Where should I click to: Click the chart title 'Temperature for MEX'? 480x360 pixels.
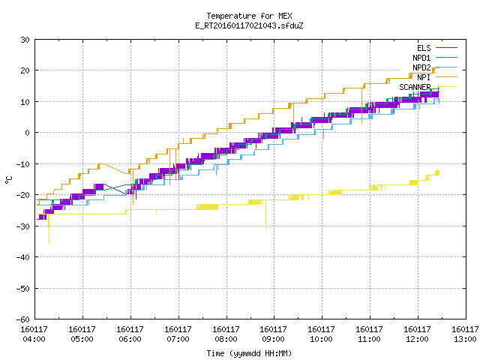coord(249,16)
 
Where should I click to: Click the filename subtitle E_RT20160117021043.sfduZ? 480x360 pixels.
coord(249,25)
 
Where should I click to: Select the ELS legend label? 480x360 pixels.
coord(424,48)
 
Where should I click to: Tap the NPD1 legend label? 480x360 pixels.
coord(421,58)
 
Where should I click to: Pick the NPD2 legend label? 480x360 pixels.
coord(421,67)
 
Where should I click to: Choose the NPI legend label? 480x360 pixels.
coord(424,77)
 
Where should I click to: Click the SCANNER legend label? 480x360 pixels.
coord(415,87)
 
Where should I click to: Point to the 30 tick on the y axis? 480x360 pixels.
coord(25,40)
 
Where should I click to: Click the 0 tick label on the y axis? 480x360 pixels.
coord(28,133)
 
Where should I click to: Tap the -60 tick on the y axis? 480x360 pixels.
coord(23,319)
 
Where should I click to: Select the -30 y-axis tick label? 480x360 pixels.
coord(23,226)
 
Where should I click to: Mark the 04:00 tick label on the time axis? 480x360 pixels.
coord(34,334)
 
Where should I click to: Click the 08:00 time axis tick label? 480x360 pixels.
coord(226,334)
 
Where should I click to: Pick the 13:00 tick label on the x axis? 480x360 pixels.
coord(465,334)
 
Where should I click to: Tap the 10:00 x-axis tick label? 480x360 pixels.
coord(322,334)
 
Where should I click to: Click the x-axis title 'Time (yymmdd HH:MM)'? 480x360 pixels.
coord(249,353)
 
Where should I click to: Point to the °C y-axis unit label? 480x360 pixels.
coord(9,180)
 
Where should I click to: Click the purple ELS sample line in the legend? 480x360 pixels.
coord(446,48)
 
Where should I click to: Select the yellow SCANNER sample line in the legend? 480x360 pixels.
coord(446,87)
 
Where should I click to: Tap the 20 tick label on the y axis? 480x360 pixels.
coord(25,70)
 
